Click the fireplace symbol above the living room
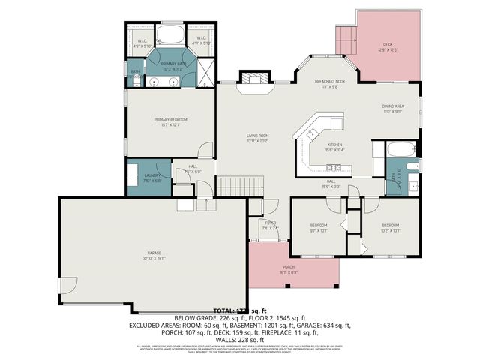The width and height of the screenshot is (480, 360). (x=253, y=79)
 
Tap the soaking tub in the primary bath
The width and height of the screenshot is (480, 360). (x=172, y=34)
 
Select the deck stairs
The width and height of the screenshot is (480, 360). (x=343, y=40)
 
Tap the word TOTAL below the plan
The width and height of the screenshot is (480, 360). (x=224, y=310)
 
